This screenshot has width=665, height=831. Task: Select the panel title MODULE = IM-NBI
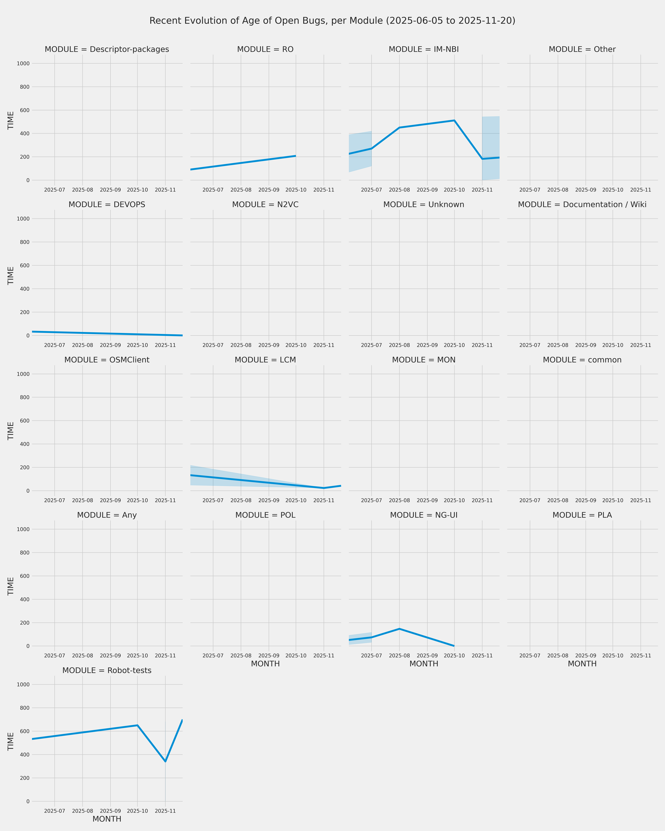coord(424,49)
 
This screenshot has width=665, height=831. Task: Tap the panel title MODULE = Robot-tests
coord(107,670)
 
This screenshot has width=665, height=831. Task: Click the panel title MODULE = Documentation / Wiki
coord(582,205)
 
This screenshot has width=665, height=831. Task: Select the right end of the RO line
coord(296,156)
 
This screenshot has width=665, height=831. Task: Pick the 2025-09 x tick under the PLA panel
coord(586,656)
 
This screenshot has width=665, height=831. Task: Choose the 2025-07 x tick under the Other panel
coord(530,190)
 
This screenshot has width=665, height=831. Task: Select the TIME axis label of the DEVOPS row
coord(11,276)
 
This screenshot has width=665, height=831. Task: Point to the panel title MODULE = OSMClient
coord(107,360)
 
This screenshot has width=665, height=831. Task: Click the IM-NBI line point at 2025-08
coord(399,128)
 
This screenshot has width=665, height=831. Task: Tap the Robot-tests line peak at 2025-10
coord(137,725)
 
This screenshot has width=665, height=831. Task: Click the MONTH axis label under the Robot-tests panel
coord(107,819)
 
